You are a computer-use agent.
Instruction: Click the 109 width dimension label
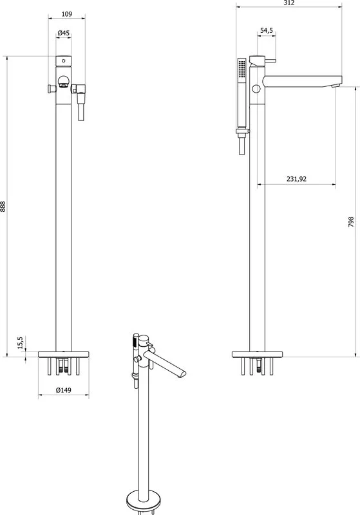click(67, 14)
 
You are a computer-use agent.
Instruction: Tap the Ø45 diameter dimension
click(63, 33)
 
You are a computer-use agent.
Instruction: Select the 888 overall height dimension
click(3, 207)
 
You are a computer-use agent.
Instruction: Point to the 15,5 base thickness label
click(21, 342)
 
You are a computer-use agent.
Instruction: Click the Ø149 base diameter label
click(64, 390)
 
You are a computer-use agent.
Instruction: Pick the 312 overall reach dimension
click(289, 3)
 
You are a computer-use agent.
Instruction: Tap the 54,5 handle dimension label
click(267, 30)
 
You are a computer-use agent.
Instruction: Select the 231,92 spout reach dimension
click(296, 179)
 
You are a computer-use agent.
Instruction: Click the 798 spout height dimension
click(351, 222)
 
